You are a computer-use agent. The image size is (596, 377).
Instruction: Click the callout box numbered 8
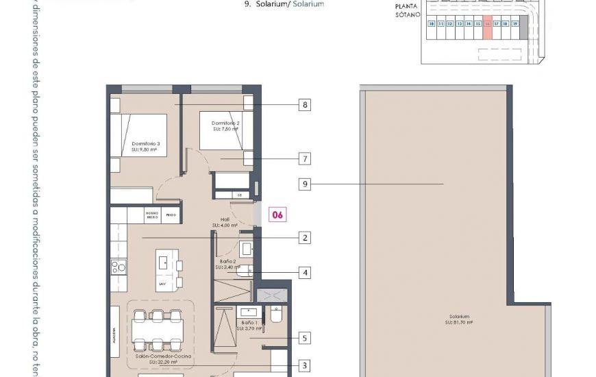click(x=305, y=105)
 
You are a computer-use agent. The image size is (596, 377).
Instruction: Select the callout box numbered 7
click(x=305, y=159)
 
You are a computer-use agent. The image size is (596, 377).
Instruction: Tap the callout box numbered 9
click(x=305, y=184)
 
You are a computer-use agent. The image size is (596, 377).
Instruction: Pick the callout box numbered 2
click(x=305, y=238)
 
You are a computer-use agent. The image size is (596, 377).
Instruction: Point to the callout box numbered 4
click(x=305, y=273)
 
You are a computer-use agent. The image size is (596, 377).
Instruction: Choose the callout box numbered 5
click(x=305, y=338)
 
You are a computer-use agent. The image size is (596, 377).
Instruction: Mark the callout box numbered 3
click(x=305, y=366)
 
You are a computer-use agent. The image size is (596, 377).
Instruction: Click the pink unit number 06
click(x=278, y=215)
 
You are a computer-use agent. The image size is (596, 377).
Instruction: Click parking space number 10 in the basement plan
click(x=432, y=23)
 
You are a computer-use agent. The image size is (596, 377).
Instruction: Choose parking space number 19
click(x=514, y=23)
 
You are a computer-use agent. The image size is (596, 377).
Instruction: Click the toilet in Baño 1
click(x=275, y=314)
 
